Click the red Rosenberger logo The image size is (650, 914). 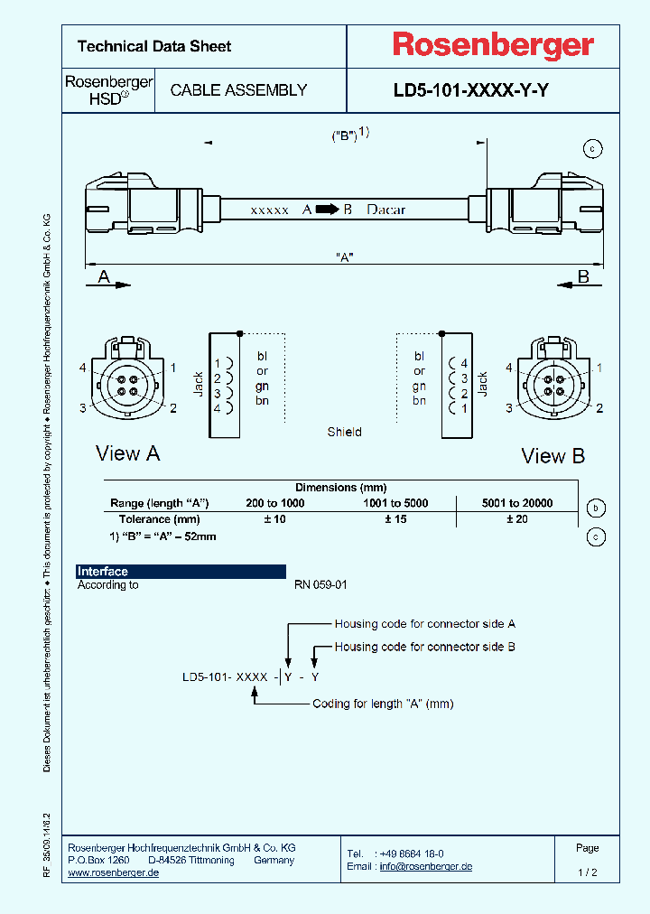(x=492, y=45)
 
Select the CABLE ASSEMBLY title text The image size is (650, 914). (x=238, y=90)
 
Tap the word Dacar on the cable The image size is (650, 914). (x=385, y=210)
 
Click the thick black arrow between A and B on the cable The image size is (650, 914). (x=326, y=210)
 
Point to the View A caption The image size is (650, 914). (x=127, y=453)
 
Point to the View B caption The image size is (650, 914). (x=552, y=456)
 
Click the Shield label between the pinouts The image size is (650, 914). (x=344, y=433)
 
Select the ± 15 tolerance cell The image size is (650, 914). (x=395, y=519)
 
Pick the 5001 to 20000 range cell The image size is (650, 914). (x=516, y=503)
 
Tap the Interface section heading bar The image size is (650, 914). (x=181, y=572)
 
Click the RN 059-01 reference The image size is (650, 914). (x=320, y=585)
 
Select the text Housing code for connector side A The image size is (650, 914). (x=424, y=624)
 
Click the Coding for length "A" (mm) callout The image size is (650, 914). (x=383, y=704)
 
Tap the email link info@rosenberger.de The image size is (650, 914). (x=425, y=867)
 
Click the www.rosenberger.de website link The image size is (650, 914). (x=114, y=873)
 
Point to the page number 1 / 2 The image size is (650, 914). (x=587, y=872)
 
